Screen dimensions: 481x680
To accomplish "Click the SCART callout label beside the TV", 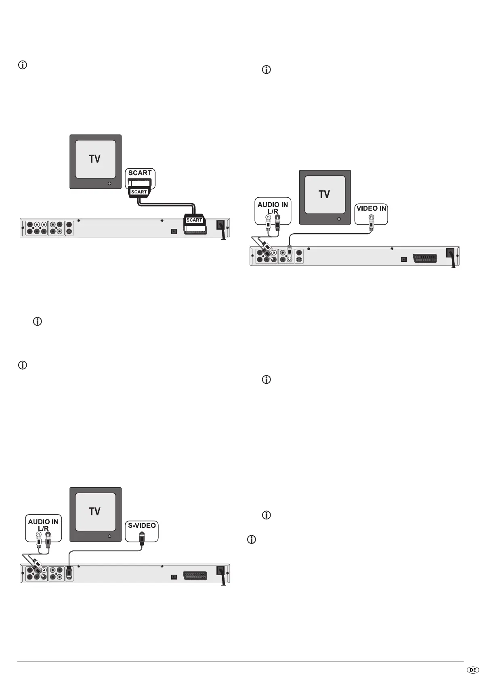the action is (x=140, y=173).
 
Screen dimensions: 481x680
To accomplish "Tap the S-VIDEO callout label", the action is (x=142, y=525).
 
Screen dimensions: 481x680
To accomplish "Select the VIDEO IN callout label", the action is (x=371, y=209).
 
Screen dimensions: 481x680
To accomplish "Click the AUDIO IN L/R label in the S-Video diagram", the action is (x=43, y=525).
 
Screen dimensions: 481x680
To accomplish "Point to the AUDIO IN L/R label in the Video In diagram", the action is (x=273, y=208).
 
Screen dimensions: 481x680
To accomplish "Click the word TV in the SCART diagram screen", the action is (x=95, y=159).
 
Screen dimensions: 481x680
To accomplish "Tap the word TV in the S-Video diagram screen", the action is (x=95, y=512).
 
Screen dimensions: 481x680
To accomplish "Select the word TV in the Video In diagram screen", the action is (x=324, y=195).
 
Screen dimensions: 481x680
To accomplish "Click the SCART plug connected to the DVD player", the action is (x=194, y=220).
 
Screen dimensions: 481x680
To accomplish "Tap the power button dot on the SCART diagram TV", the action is (x=109, y=183).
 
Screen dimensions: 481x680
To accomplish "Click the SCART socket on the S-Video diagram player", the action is (x=195, y=575).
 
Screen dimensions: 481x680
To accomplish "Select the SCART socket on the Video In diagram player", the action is (x=424, y=258).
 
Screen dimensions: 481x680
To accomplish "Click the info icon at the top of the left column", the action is (x=23, y=65).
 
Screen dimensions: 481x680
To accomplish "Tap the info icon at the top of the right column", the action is (x=267, y=69).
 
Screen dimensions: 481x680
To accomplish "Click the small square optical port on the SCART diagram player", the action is (x=174, y=232).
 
